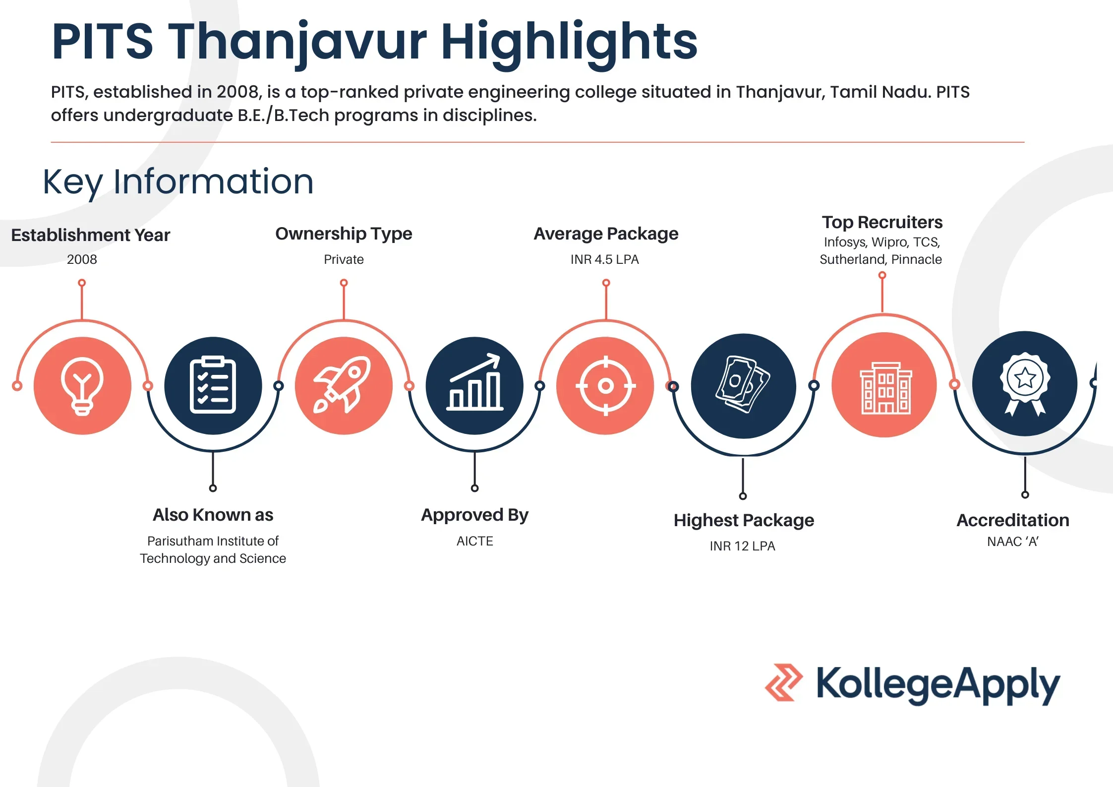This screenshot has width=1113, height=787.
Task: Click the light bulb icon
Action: pyautogui.click(x=82, y=386)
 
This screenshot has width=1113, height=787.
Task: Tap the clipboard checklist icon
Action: pyautogui.click(x=213, y=385)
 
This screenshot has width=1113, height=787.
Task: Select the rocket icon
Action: pyautogui.click(x=342, y=384)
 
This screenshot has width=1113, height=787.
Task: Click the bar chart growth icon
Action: pyautogui.click(x=474, y=382)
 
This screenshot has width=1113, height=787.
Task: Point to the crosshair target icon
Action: pyautogui.click(x=605, y=385)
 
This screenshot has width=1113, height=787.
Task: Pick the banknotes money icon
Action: pyautogui.click(x=743, y=384)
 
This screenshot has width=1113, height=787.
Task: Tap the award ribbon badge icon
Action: pyautogui.click(x=1025, y=383)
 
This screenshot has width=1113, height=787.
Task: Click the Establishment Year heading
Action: pyautogui.click(x=91, y=235)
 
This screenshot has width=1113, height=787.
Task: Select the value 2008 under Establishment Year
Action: pyautogui.click(x=82, y=259)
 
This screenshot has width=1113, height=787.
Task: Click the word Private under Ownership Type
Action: pyautogui.click(x=344, y=259)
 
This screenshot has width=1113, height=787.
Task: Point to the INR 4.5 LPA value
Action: pyautogui.click(x=605, y=259)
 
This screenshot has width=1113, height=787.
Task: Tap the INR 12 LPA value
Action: pyautogui.click(x=742, y=546)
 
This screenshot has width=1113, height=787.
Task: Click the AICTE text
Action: pyautogui.click(x=474, y=541)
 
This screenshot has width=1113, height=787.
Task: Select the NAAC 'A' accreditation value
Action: pyautogui.click(x=1012, y=542)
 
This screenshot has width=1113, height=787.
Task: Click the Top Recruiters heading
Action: pyautogui.click(x=882, y=222)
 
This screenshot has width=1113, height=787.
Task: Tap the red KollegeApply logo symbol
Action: pyautogui.click(x=783, y=682)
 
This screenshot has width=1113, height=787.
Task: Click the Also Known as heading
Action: pyautogui.click(x=213, y=515)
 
